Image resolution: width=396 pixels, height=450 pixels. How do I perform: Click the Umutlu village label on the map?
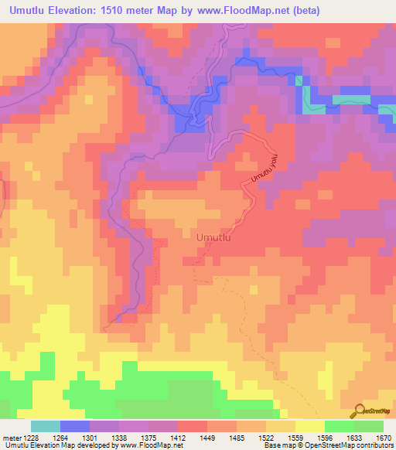(215, 237)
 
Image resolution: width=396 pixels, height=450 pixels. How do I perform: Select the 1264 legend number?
(60, 438)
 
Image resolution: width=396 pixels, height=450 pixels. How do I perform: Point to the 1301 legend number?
(89, 438)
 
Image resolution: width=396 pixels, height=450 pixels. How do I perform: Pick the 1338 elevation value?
(119, 438)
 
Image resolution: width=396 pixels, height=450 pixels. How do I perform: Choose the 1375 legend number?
(148, 438)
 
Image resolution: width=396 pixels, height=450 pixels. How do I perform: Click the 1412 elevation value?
(178, 438)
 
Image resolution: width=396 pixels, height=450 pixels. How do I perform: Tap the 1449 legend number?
(208, 438)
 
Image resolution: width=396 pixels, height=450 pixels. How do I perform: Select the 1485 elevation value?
(237, 438)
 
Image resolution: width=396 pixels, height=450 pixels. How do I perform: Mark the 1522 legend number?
(267, 438)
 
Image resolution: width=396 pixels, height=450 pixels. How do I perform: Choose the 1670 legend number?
(384, 438)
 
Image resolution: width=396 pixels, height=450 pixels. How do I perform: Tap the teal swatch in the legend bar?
(45, 426)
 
